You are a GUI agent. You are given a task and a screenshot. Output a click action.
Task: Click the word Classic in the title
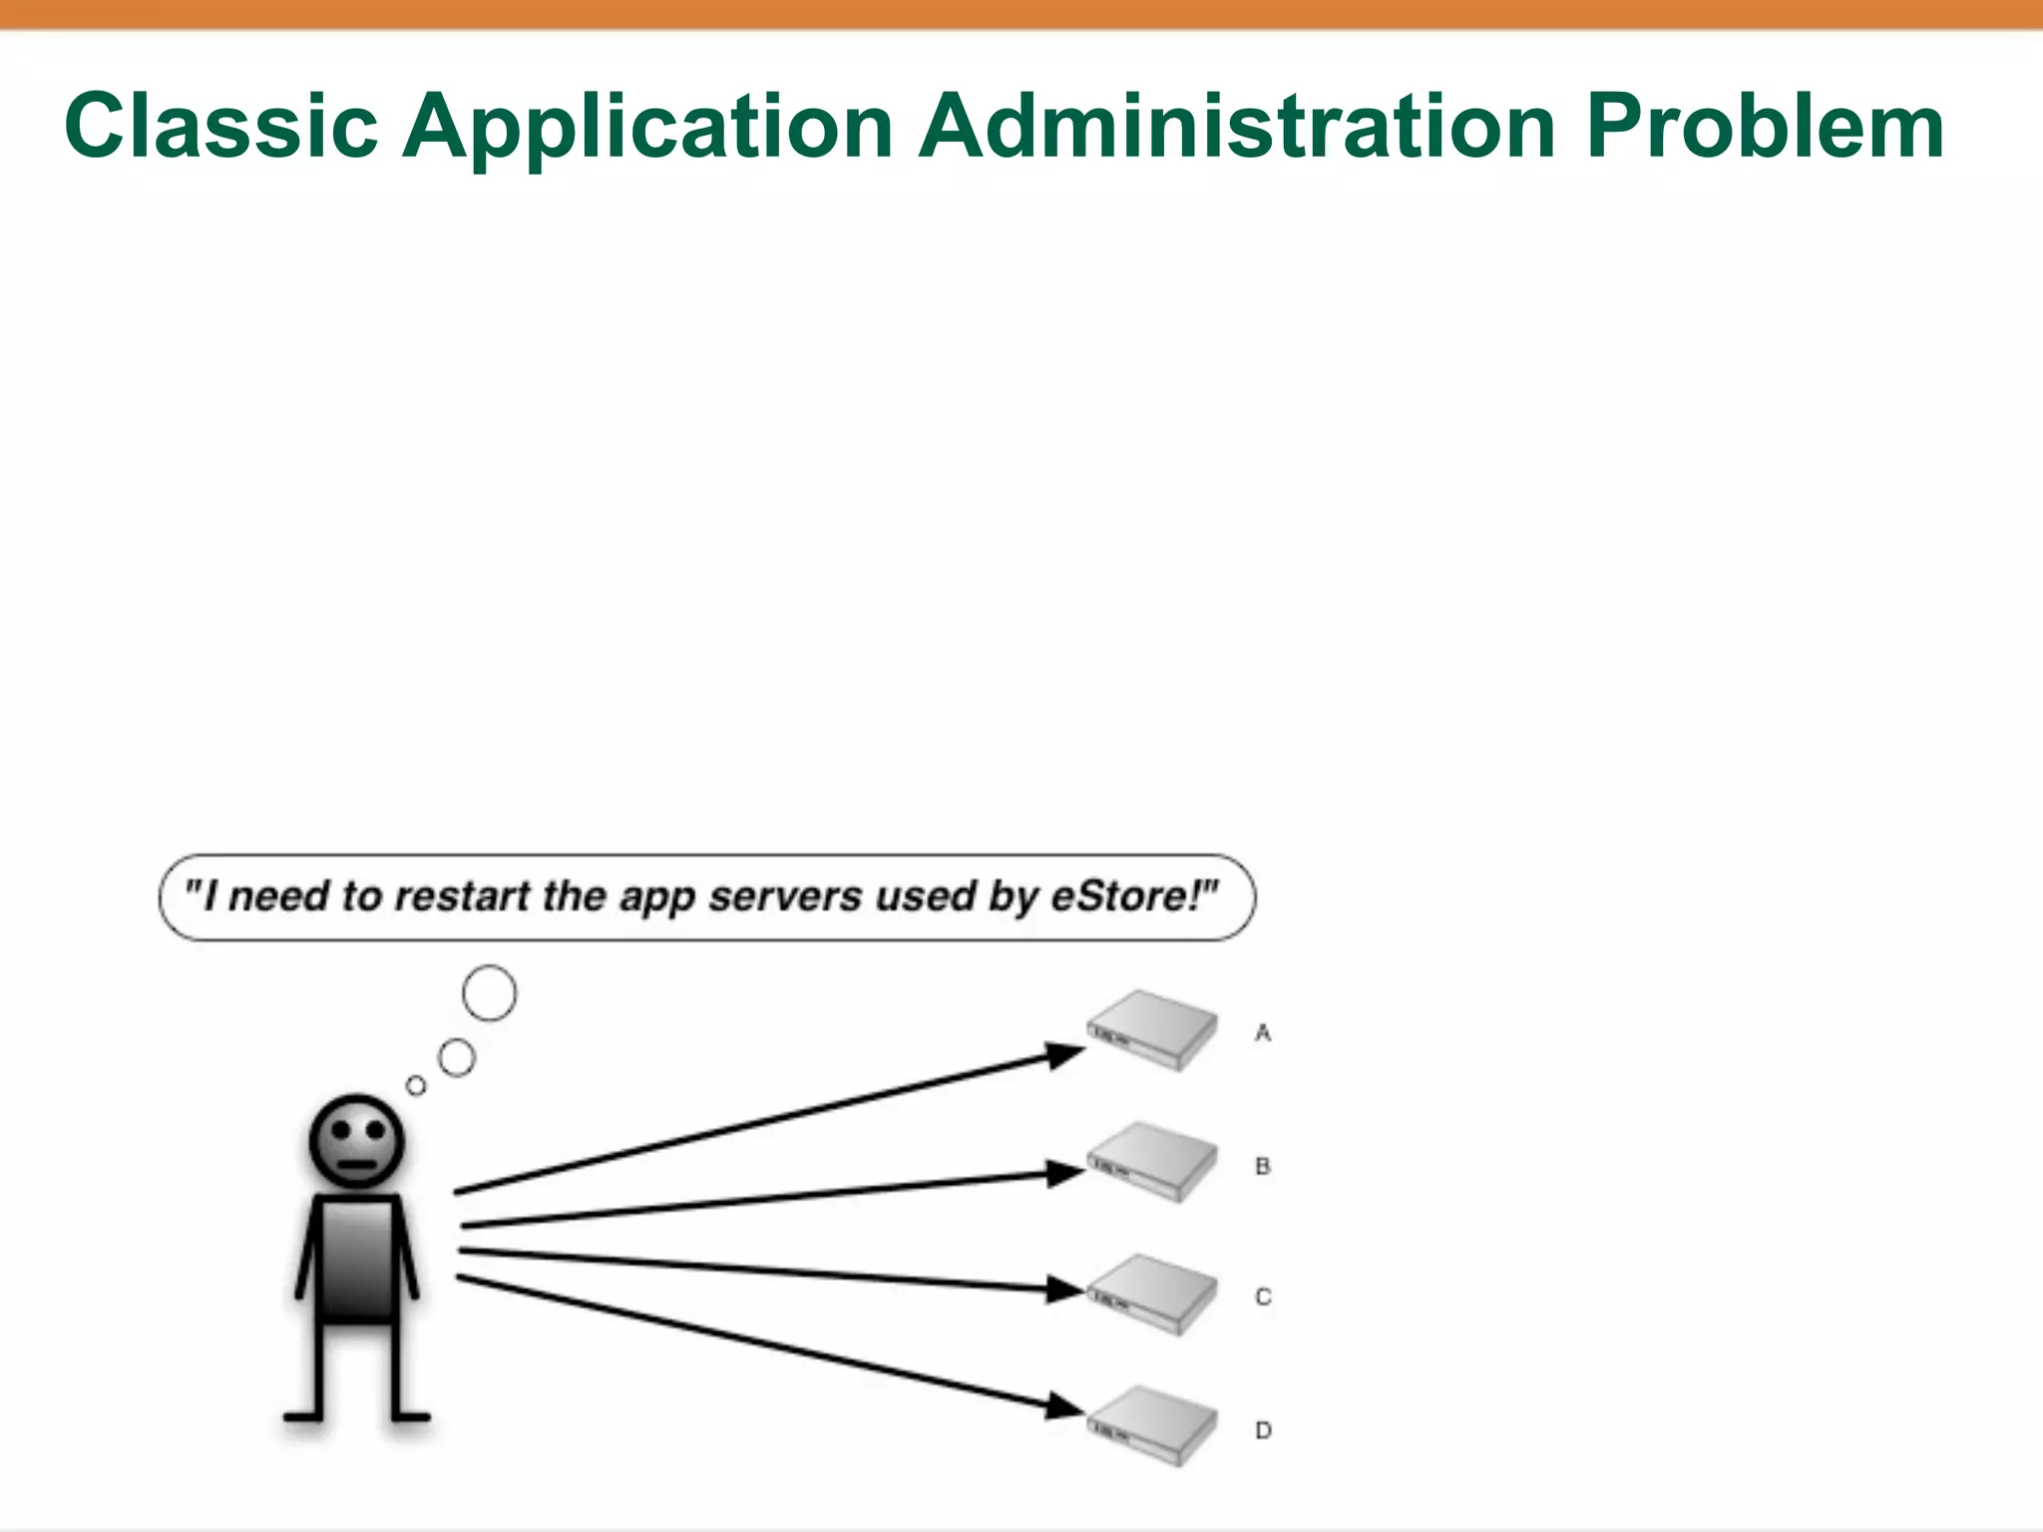pyautogui.click(x=220, y=127)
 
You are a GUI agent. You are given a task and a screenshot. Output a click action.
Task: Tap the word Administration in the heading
pyautogui.click(x=1237, y=127)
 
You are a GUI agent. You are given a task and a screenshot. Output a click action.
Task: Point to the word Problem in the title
pyautogui.click(x=1765, y=127)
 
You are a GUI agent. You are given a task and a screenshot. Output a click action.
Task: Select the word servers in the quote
pyautogui.click(x=785, y=896)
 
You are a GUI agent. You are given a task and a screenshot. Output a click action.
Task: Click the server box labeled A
pyautogui.click(x=1152, y=1030)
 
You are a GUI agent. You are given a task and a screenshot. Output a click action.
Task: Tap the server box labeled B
pyautogui.click(x=1152, y=1162)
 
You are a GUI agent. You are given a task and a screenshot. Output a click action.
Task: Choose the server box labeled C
pyautogui.click(x=1152, y=1295)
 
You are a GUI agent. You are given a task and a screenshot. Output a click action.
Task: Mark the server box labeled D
pyautogui.click(x=1152, y=1426)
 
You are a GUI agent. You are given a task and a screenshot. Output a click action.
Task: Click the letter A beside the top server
pyautogui.click(x=1263, y=1033)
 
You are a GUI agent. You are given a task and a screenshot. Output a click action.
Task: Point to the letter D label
pyautogui.click(x=1263, y=1430)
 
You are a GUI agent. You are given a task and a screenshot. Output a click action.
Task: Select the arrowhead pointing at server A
pyautogui.click(x=1065, y=1053)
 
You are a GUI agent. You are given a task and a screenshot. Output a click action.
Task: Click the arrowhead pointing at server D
pyautogui.click(x=1065, y=1407)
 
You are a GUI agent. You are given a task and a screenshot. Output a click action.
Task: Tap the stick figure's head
pyautogui.click(x=357, y=1141)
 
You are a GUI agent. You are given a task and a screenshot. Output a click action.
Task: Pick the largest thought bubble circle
pyautogui.click(x=490, y=993)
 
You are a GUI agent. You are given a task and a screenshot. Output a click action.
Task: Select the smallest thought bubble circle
pyautogui.click(x=416, y=1085)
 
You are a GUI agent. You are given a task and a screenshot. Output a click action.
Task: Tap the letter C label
pyautogui.click(x=1263, y=1297)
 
